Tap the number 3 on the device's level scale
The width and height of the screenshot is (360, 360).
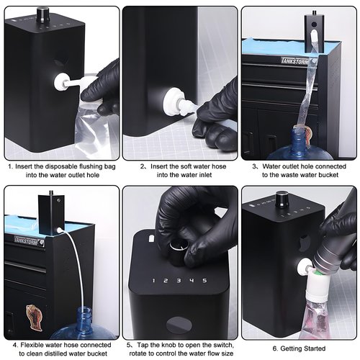178,280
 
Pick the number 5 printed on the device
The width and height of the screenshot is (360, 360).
204,280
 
